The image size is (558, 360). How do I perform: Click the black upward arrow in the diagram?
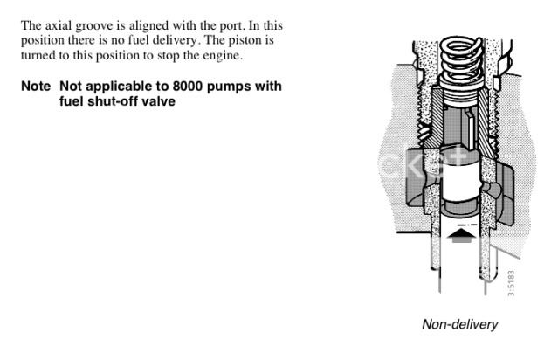[x=461, y=233]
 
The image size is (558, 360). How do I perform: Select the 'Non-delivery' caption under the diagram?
[x=459, y=324]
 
